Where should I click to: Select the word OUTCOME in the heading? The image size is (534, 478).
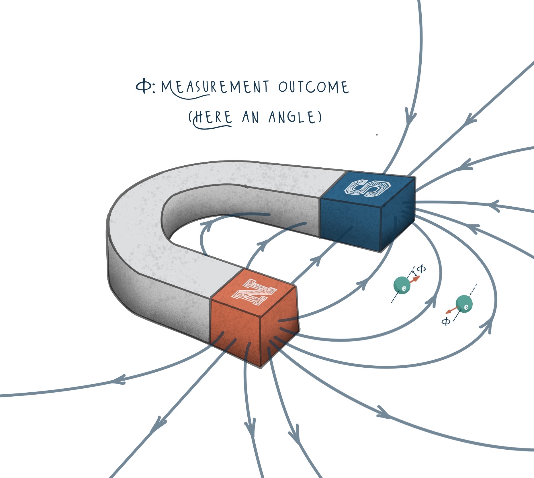click(x=313, y=87)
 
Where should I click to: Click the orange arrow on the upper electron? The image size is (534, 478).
click(x=414, y=279)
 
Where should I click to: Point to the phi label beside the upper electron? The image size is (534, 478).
click(x=421, y=269)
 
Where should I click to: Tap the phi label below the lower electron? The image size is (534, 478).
click(x=446, y=321)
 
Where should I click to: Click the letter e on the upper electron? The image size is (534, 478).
click(x=404, y=288)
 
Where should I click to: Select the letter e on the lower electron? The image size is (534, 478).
click(x=466, y=307)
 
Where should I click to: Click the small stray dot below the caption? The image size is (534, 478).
click(x=377, y=134)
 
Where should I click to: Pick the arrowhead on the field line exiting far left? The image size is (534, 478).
click(x=118, y=380)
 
